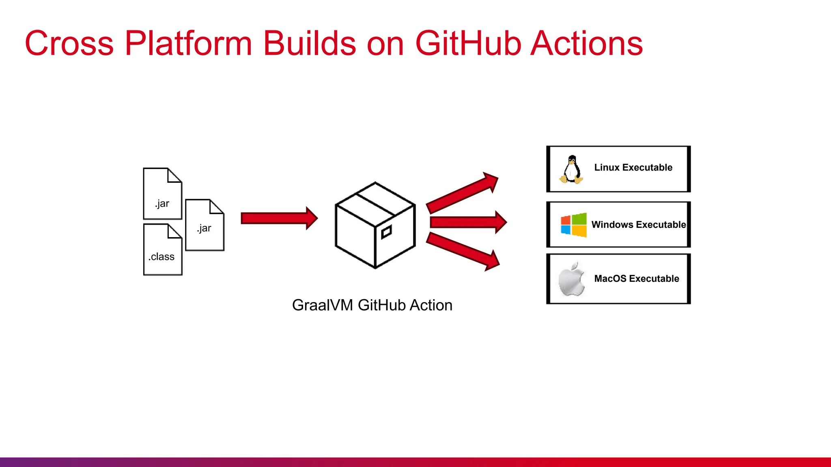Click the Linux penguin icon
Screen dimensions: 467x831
[x=571, y=169]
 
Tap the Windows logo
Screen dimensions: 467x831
[x=573, y=225]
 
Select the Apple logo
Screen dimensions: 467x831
[x=572, y=279]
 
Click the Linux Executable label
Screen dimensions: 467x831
[x=633, y=167]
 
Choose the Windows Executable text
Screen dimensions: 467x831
[x=638, y=225]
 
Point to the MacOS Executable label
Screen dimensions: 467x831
[x=636, y=278]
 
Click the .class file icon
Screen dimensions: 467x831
[x=163, y=250]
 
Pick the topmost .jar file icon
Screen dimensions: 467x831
[x=162, y=193]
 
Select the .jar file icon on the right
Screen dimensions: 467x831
[x=205, y=225]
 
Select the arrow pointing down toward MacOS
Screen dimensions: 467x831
[x=463, y=251]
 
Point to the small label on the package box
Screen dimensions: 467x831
[x=386, y=232]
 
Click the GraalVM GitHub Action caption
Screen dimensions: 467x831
[x=372, y=305]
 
